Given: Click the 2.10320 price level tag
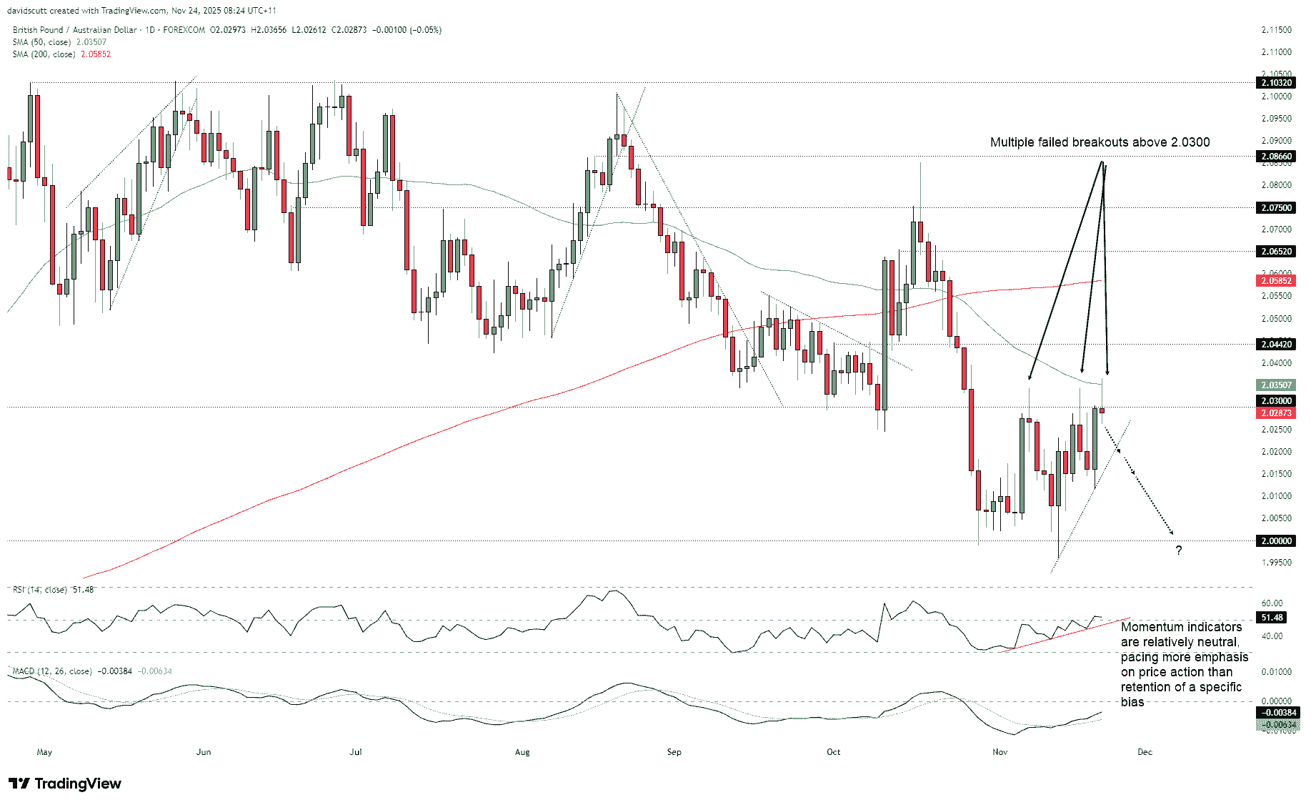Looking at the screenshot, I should pos(1276,83).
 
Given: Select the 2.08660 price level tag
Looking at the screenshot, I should pos(1276,157).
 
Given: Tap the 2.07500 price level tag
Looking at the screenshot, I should pos(1276,208).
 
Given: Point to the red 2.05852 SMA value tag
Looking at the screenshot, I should pos(1276,281).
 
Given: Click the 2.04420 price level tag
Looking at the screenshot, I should pos(1276,345).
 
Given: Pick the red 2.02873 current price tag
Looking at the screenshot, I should pos(1276,413).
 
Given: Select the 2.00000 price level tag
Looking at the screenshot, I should pos(1276,541).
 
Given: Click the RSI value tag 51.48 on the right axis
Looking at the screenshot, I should pos(1272,618).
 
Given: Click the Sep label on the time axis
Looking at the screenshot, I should pos(674,752).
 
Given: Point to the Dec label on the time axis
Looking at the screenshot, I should pos(1145,752).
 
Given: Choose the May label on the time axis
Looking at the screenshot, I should pos(44,752).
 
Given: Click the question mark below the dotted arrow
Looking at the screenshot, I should pos(1179,550).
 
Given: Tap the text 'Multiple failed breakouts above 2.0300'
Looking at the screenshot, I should pos(1100,142).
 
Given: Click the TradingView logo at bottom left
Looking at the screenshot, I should pos(65,784).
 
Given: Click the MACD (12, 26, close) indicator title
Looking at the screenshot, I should pos(52,671).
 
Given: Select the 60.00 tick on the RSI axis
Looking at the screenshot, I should pos(1272,603).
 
